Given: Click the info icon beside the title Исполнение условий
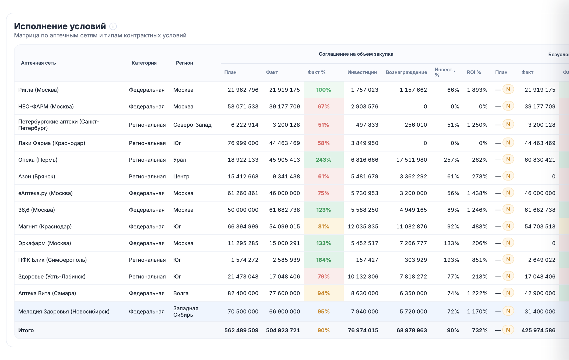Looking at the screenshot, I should pyautogui.click(x=113, y=26).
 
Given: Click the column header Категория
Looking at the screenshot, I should pyautogui.click(x=144, y=63).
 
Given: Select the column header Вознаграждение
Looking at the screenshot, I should pyautogui.click(x=406, y=72).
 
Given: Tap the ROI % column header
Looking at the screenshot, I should pyautogui.click(x=474, y=72).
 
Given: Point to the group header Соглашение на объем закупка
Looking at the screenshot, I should pyautogui.click(x=356, y=54).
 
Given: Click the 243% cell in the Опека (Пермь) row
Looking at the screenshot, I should pyautogui.click(x=324, y=160).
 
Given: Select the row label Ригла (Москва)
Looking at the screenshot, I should pyautogui.click(x=38, y=90).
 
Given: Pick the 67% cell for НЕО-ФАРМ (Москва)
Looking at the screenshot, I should pyautogui.click(x=324, y=107).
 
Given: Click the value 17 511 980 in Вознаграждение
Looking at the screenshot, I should pyautogui.click(x=411, y=160).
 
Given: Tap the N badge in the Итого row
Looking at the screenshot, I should pyautogui.click(x=508, y=330).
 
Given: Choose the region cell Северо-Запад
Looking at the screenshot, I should pyautogui.click(x=192, y=125).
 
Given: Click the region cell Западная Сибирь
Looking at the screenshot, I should pyautogui.click(x=186, y=312).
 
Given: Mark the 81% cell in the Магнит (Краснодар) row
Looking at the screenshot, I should pyautogui.click(x=324, y=227).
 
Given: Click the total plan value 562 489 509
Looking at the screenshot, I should pyautogui.click(x=241, y=330).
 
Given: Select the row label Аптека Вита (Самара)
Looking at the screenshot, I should pyautogui.click(x=47, y=293).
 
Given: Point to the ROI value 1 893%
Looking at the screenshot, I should pyautogui.click(x=477, y=90).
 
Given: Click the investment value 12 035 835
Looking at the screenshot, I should pyautogui.click(x=363, y=227).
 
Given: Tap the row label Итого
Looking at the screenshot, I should pyautogui.click(x=26, y=330).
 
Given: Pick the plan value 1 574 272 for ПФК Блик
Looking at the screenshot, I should pyautogui.click(x=244, y=260).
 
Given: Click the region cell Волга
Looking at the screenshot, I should pyautogui.click(x=181, y=293).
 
